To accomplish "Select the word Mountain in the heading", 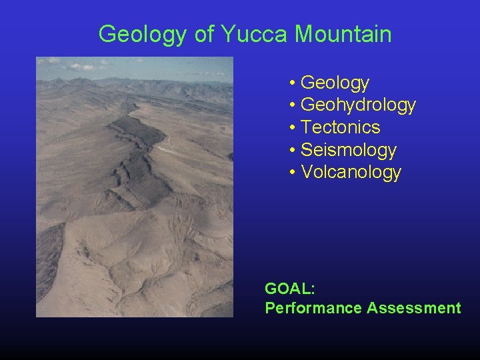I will tap(343, 34).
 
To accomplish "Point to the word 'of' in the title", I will tap(203, 34).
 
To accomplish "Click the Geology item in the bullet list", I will tap(335, 83).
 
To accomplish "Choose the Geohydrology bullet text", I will tap(358, 105).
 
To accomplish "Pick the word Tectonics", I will tap(340, 127).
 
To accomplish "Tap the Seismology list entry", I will tap(348, 150).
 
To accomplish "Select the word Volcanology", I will tap(351, 172).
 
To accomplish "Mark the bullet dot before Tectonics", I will tap(293, 128).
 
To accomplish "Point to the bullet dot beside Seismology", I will tap(293, 151).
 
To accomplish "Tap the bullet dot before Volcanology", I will tap(293, 173).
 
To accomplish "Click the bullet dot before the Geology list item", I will tap(293, 83).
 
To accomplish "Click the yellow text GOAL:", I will tap(290, 289).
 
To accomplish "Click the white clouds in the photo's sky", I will tap(80, 66).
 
